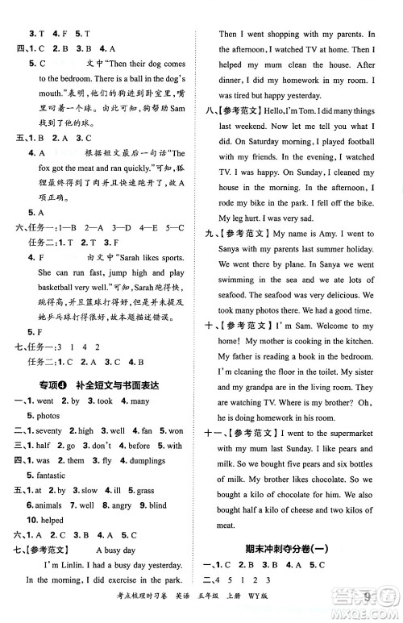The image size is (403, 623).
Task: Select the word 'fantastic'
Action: click(46, 476)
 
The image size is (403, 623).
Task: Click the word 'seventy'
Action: click(52, 431)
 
